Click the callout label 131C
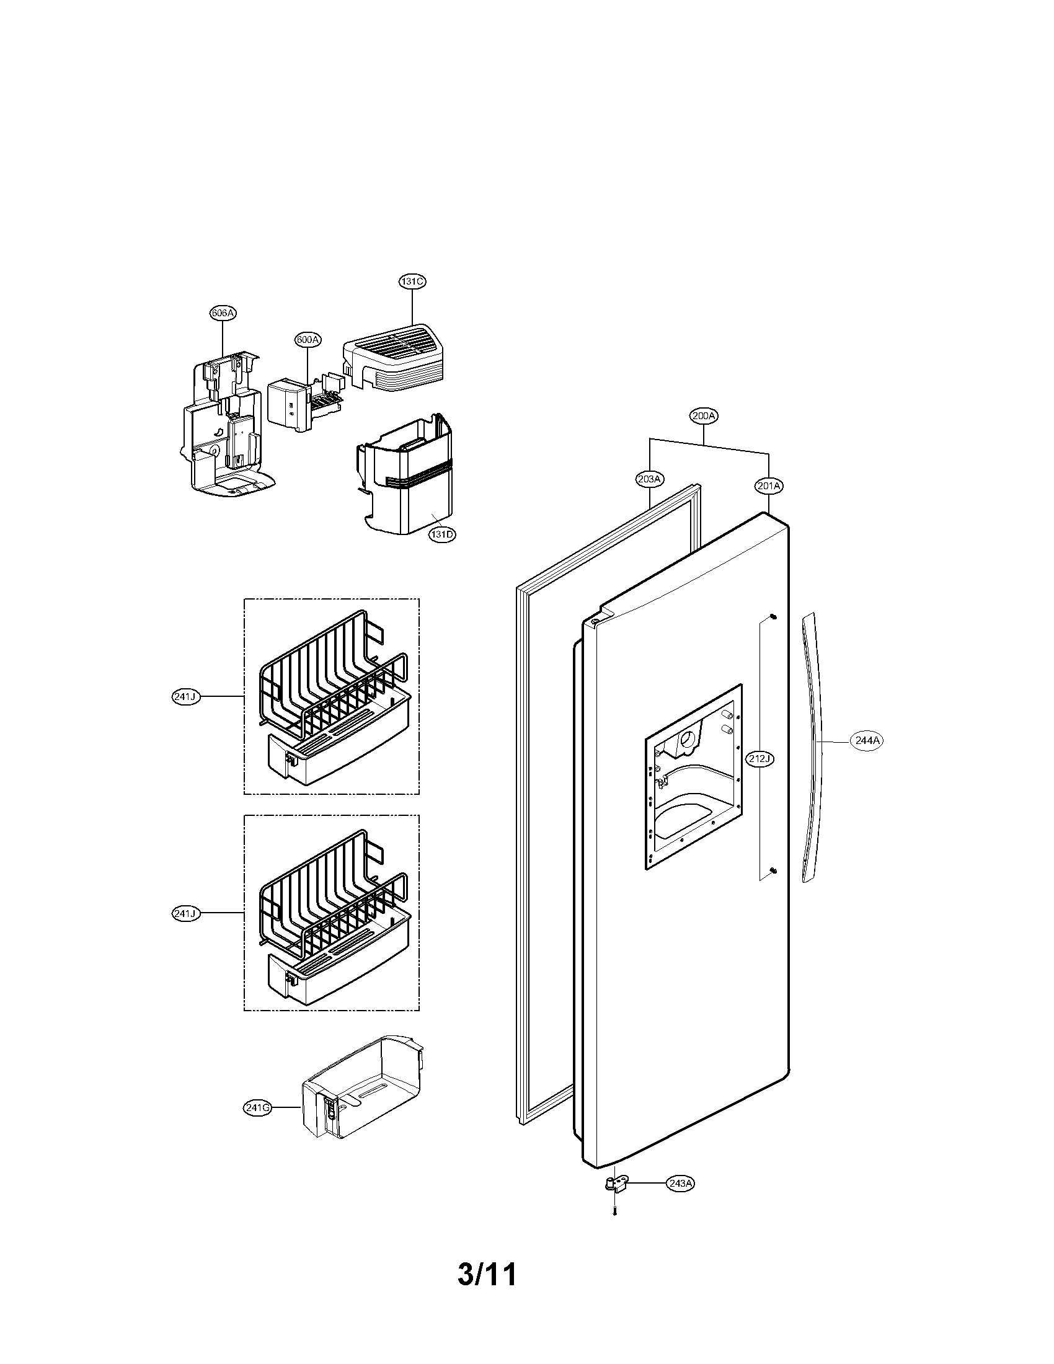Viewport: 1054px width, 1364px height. (x=412, y=281)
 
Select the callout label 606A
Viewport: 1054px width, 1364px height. (x=223, y=313)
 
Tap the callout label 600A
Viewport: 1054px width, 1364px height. (x=308, y=340)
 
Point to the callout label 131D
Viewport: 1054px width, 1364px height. (x=441, y=534)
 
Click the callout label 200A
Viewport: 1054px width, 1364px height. (x=704, y=415)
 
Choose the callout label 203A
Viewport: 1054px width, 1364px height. (x=649, y=479)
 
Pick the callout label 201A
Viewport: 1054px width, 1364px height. (x=769, y=485)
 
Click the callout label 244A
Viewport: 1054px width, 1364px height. (x=867, y=740)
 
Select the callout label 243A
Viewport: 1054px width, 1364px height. (x=680, y=1184)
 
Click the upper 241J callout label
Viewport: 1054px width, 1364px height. (x=185, y=696)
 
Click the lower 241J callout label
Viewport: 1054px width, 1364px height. (x=185, y=914)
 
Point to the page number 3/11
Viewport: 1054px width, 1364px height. (x=487, y=1275)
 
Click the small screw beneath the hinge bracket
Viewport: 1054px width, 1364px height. (x=615, y=1213)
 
